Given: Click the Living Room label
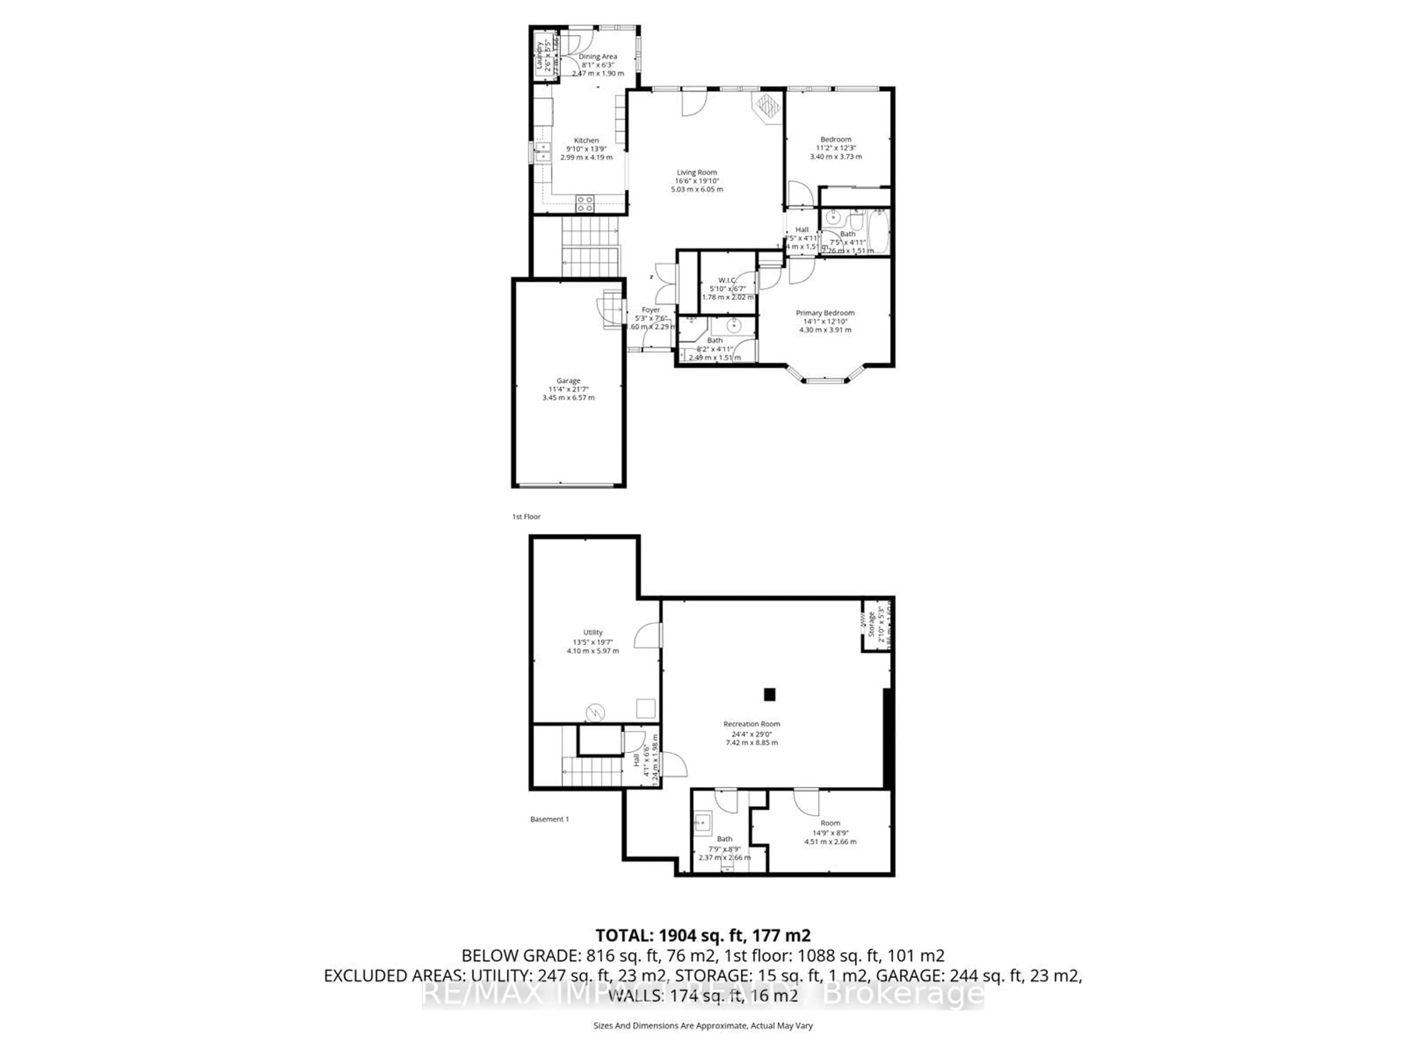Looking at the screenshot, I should point(697,172).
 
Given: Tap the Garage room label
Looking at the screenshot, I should point(568,381).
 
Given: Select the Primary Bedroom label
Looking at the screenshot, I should point(825,313).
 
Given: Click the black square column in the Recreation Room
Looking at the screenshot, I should point(770,694).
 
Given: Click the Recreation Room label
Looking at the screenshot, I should point(751,724).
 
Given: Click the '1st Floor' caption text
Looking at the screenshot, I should point(526,516).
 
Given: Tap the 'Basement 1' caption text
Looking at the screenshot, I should point(549,819).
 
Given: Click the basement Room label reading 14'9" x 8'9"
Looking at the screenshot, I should point(830,823).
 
